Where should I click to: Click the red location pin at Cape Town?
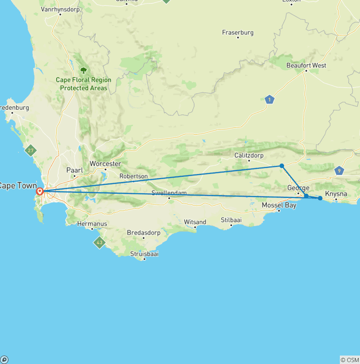point(40,191)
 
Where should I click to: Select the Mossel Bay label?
point(279,205)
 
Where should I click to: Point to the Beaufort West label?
point(306,65)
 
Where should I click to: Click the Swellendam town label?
point(169,193)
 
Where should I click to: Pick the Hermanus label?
point(92,224)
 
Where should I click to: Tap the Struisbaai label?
point(144,253)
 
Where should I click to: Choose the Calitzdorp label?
point(249,155)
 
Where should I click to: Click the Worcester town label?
point(105,163)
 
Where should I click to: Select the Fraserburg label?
point(238,32)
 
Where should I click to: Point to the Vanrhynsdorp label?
point(60,9)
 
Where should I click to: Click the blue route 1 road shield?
point(269,99)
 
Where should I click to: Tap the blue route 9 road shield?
point(339,171)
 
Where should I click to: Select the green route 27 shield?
point(31,151)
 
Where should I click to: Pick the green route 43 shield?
point(99,243)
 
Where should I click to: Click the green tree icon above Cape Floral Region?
point(83,70)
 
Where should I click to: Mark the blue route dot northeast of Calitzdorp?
point(282,166)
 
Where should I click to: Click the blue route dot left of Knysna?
point(320,198)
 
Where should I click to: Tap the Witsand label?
point(195,222)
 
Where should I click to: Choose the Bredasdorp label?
point(143,233)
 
